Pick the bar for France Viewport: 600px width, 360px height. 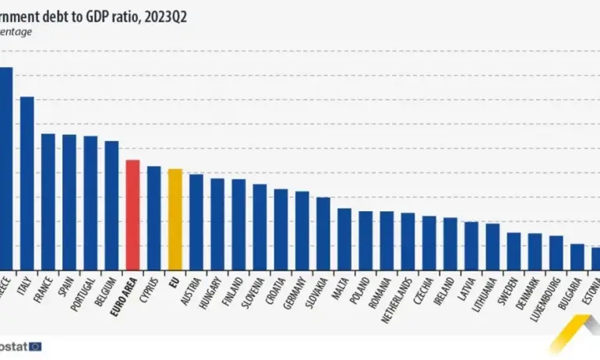click(48, 202)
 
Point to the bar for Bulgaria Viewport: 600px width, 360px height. click(577, 257)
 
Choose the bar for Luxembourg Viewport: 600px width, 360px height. click(556, 252)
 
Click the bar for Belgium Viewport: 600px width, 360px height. click(111, 206)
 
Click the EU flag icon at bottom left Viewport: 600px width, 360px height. click(34, 345)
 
